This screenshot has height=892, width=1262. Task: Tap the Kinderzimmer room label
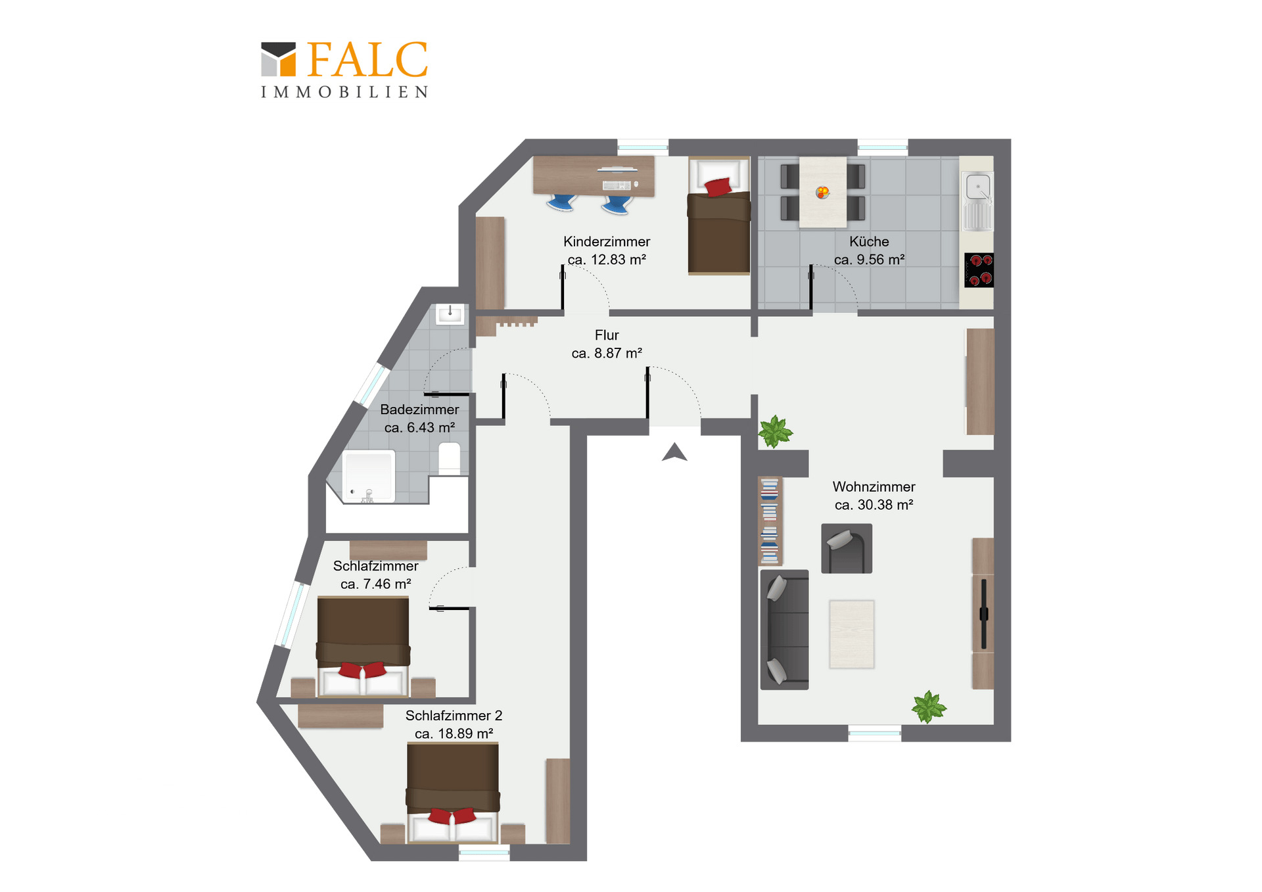[x=607, y=242]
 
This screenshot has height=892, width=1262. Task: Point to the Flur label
[x=607, y=335]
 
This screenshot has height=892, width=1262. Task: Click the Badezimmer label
[x=419, y=410]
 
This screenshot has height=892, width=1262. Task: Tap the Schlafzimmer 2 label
[x=454, y=715]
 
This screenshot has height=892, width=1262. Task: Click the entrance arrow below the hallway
[x=674, y=452]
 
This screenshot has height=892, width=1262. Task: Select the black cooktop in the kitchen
[x=979, y=270]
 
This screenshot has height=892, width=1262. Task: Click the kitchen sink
[x=978, y=200]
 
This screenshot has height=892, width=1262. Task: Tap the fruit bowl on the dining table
[x=822, y=192]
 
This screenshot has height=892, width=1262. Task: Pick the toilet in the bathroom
[x=450, y=458]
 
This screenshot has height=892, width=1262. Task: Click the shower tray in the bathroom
[x=369, y=477]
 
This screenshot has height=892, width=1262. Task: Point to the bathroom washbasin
[x=450, y=314]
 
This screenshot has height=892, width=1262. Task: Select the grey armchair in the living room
[x=847, y=548]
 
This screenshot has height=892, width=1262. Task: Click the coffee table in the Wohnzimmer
[x=852, y=634]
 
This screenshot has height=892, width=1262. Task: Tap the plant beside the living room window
[x=929, y=707]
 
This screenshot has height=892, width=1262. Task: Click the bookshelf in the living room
[x=770, y=521]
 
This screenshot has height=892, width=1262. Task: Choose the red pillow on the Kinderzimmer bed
[x=718, y=187]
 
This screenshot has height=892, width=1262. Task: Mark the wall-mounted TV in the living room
[x=984, y=614]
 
